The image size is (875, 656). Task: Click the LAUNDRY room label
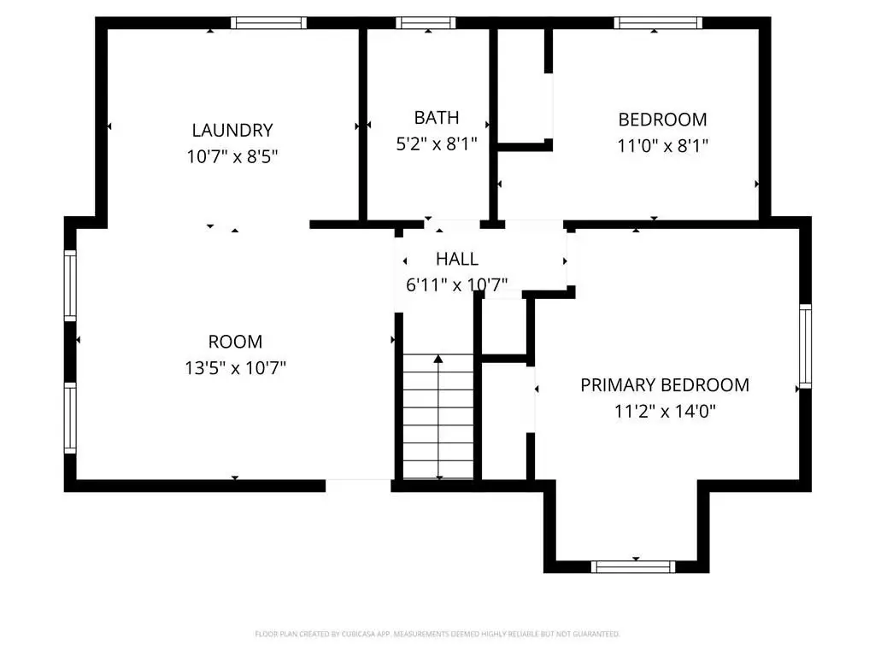232,131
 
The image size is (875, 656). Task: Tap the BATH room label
437,118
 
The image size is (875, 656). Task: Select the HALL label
457,259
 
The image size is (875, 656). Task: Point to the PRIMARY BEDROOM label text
665,385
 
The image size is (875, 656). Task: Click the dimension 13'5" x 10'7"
236,367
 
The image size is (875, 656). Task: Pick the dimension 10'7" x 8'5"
232,157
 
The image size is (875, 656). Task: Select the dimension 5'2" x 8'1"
437,143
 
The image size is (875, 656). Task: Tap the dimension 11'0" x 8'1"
662,145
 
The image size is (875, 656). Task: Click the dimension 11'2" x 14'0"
665,411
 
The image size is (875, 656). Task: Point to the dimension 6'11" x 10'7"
457,285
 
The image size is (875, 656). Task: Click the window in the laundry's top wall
268,23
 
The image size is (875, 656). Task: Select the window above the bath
426,23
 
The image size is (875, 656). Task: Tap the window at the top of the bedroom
658,23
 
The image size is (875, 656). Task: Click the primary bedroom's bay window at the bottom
633,567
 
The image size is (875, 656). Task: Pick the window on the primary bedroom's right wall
805,346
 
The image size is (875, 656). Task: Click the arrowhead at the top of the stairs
438,359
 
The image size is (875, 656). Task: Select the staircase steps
438,416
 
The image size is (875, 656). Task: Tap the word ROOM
236,342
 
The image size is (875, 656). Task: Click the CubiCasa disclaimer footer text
437,634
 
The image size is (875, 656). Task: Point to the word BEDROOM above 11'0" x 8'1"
662,120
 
